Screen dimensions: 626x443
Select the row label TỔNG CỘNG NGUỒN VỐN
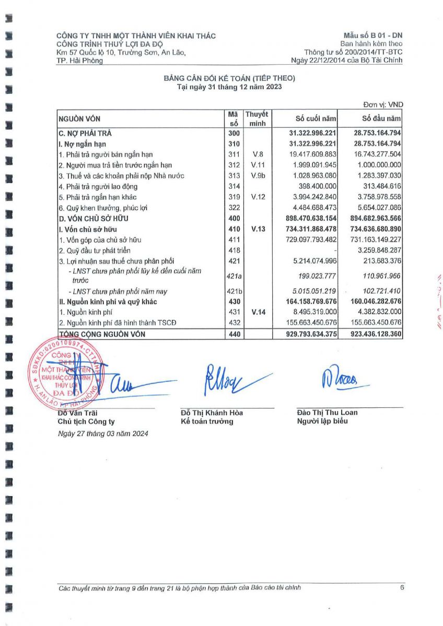click(102, 334)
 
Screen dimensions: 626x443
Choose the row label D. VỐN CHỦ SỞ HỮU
click(94, 218)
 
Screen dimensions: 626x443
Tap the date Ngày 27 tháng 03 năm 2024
click(103, 434)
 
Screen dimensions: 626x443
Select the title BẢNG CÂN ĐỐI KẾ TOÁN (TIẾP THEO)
click(230, 78)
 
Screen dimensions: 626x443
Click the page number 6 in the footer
click(402, 587)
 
